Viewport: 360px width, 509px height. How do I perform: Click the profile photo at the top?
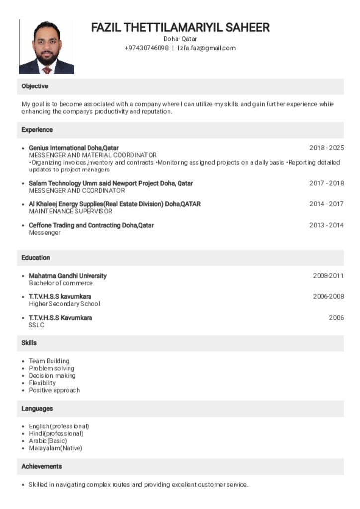coord(47,47)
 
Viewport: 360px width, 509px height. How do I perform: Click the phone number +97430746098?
coord(147,48)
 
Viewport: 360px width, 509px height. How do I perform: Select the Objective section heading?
coord(35,86)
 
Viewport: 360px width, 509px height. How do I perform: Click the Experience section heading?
coord(37,130)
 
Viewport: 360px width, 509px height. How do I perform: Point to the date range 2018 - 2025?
coord(326,148)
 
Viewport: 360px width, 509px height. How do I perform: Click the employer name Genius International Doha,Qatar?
coord(74,148)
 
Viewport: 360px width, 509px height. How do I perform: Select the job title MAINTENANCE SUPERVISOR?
coord(71,211)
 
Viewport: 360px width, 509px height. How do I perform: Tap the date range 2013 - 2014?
coord(326,225)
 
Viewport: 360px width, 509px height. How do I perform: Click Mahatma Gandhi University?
coord(68,276)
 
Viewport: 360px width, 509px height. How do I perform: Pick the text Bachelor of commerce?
coord(61,283)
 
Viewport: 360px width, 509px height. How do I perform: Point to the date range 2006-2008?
coord(328,297)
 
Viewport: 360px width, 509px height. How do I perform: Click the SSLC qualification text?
coord(37,325)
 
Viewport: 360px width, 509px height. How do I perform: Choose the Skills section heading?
coord(29,343)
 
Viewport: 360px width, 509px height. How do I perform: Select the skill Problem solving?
coord(51,368)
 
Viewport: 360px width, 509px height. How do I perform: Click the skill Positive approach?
coord(54,390)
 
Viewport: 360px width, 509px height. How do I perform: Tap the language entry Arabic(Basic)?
coord(48,441)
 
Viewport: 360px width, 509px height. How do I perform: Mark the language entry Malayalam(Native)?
coord(55,448)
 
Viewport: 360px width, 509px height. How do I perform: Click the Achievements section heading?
coord(42,467)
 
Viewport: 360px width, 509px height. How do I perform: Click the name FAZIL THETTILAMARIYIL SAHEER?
coord(180,28)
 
